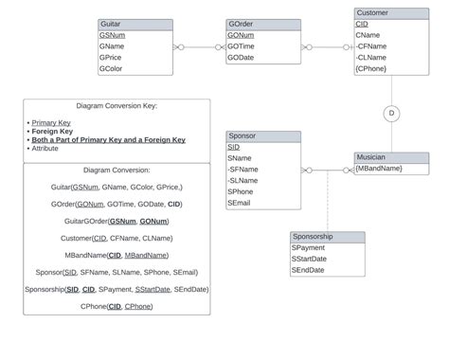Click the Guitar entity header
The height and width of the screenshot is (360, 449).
[135, 25]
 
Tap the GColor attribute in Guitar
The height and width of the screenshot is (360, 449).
[111, 69]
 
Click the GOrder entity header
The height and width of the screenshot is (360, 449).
[251, 25]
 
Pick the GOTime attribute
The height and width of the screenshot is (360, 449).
[241, 46]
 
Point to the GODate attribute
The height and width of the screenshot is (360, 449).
[241, 58]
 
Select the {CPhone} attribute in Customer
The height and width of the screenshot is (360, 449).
[370, 68]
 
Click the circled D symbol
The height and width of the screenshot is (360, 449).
[391, 114]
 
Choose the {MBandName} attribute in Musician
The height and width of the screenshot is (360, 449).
[379, 169]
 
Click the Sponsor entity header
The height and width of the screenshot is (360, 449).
[263, 136]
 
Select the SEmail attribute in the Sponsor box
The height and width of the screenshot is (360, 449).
[240, 203]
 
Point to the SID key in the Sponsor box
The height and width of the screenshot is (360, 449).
[233, 148]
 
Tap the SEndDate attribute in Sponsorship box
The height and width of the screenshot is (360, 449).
[309, 270]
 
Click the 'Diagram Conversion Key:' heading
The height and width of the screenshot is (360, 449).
[117, 106]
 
